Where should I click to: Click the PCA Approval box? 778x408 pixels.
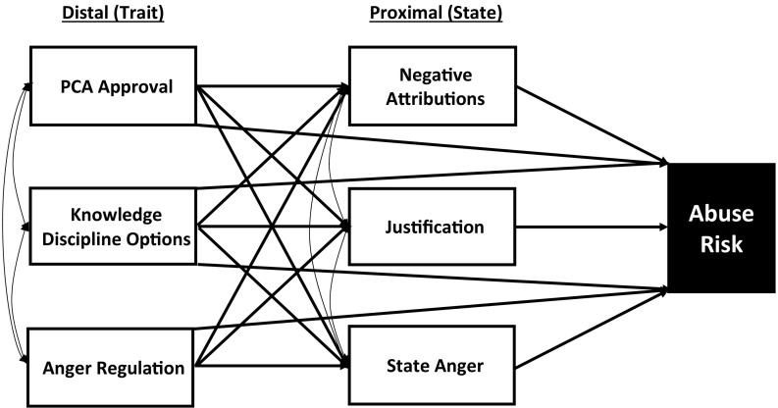coord(113,86)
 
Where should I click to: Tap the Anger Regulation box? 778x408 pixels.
coord(113,368)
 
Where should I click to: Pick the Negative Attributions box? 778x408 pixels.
coord(433,86)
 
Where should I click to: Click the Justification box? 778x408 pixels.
coord(433,228)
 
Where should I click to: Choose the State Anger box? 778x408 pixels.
coord(433,368)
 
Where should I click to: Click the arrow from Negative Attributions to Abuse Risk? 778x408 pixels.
coord(589,124)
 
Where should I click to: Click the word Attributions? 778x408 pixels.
coord(433,99)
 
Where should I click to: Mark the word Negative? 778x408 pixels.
coord(433,75)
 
